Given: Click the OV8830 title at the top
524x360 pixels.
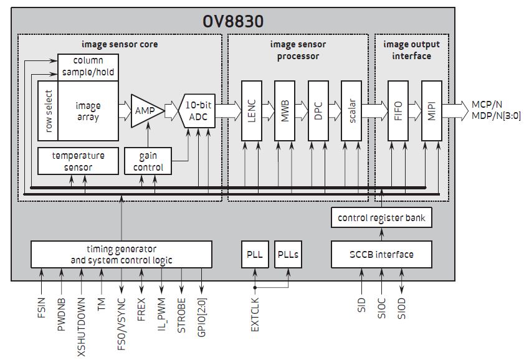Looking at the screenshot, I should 233,21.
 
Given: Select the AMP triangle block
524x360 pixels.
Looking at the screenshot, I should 145,111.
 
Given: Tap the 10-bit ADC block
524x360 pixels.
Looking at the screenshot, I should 198,111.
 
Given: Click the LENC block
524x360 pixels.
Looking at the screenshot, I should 250,110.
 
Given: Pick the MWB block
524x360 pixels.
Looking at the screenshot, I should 284,110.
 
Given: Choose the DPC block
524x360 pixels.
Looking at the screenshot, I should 317,110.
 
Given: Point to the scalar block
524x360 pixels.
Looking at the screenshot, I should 351,110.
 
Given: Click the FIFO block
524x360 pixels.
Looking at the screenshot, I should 398,110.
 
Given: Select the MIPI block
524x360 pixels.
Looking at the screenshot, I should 431,110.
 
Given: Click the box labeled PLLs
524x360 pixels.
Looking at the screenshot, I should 288,254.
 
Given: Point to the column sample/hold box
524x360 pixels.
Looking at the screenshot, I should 87,67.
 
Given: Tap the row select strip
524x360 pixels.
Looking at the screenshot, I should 48,111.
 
